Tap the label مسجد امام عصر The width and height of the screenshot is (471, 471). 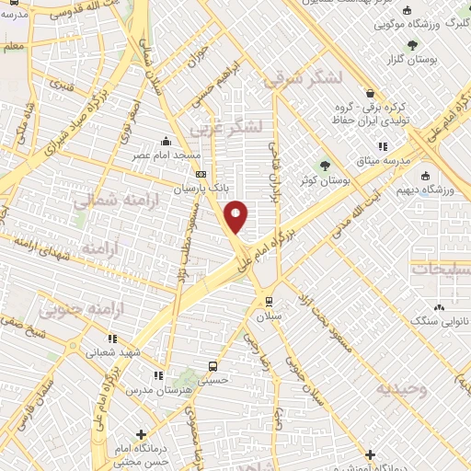click(167, 156)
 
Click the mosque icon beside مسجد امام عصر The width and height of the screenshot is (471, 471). click(165, 142)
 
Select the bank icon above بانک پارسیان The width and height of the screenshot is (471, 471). click(201, 174)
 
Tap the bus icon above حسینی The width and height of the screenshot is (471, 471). click(213, 364)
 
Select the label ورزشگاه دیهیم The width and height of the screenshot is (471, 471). click(424, 190)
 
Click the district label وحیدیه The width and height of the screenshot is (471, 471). click(402, 389)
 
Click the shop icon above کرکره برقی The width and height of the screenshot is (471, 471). click(370, 94)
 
